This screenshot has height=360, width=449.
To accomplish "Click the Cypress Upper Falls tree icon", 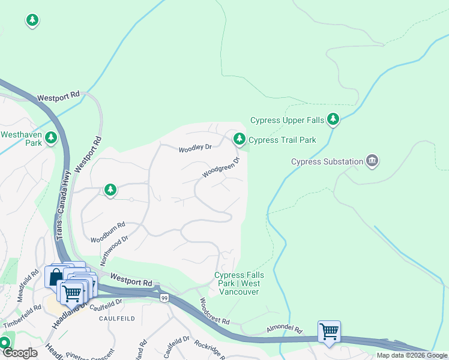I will [333, 119].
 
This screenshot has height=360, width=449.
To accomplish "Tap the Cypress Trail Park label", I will [282, 140].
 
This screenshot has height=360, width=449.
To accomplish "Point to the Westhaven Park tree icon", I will [52, 137].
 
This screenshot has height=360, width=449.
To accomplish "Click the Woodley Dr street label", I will [195, 147].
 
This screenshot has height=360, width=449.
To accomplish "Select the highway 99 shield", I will [163, 298].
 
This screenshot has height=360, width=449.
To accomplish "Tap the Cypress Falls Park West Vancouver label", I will [237, 283].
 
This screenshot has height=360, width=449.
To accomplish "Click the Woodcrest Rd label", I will [215, 311].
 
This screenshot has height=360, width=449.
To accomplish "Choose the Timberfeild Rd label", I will [22, 316].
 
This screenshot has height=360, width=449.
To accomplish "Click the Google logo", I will [20, 353].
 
